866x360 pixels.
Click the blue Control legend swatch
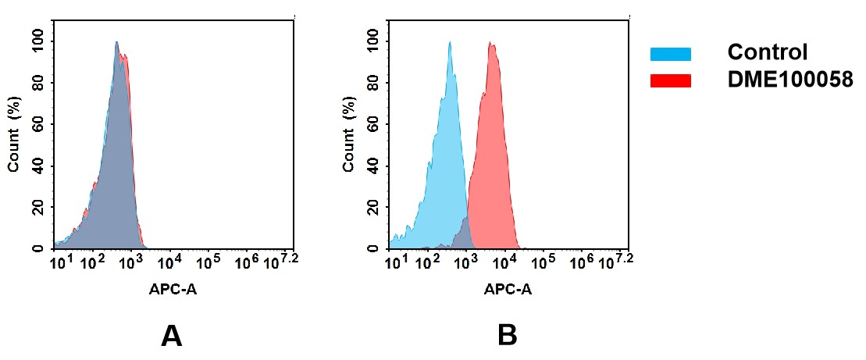(x=670, y=54)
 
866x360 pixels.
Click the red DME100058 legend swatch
(x=670, y=80)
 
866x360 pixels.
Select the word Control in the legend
(x=767, y=53)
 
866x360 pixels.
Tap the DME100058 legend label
(x=789, y=80)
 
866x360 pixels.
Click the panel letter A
(x=171, y=336)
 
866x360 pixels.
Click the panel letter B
(x=507, y=336)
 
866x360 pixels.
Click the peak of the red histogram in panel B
(x=492, y=44)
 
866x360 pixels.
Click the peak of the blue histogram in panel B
(x=450, y=44)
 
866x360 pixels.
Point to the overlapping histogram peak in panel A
(x=116, y=44)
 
